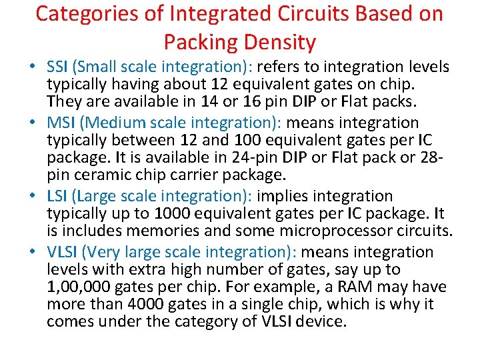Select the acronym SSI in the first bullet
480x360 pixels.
tap(58, 67)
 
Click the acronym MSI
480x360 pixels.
tap(60, 123)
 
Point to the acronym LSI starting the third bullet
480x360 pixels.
tap(57, 196)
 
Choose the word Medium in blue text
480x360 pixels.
tap(113, 123)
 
